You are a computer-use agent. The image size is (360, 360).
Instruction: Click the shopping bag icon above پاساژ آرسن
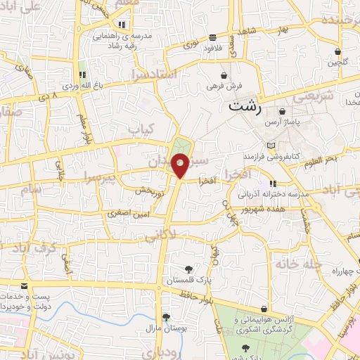(x=282, y=111)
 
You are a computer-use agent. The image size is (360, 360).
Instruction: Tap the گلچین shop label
(x=337, y=63)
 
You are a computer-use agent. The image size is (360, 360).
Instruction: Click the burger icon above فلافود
(x=212, y=38)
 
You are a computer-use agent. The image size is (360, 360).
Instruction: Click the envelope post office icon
(x=25, y=285)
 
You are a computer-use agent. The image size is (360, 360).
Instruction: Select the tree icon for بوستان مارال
(x=165, y=317)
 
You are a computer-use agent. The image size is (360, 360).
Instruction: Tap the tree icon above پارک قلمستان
(x=188, y=269)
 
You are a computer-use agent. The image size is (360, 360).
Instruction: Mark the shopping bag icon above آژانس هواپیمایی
(x=264, y=309)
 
